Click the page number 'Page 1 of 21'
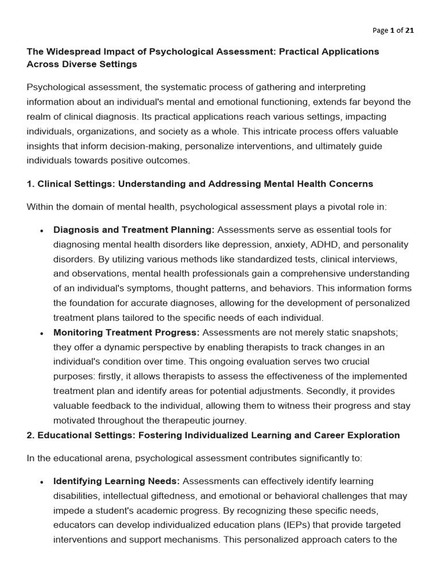tap(393, 30)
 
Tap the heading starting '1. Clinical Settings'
tap(200, 184)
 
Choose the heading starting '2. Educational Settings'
tap(213, 435)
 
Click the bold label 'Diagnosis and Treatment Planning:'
tap(134, 230)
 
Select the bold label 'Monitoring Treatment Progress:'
tap(126, 332)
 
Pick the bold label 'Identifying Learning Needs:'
tap(117, 481)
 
